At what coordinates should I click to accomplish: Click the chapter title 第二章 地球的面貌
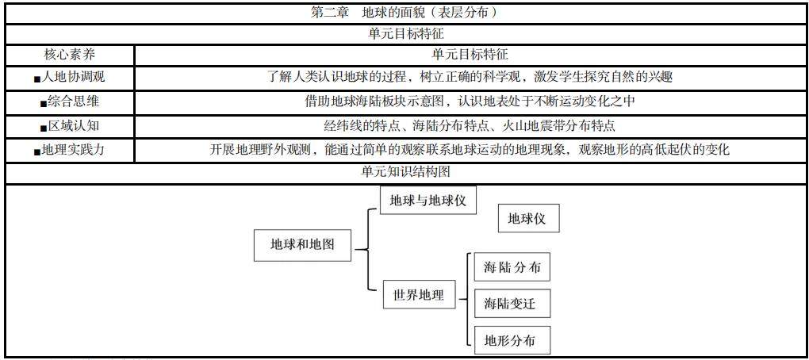pos(404,13)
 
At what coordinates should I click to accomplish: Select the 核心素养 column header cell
pos(70,55)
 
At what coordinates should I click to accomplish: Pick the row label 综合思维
pos(75,101)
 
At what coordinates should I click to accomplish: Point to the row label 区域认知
pos(75,125)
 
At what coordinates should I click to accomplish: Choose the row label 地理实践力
pos(73,149)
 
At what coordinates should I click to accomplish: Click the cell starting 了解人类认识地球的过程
pos(471,78)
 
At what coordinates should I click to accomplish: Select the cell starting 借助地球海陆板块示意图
pos(471,101)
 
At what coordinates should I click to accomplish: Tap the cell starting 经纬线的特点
pos(471,125)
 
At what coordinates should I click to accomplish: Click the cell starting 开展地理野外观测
pos(471,149)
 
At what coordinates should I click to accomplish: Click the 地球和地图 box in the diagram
pos(302,244)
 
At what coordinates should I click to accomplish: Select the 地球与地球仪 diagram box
pos(428,201)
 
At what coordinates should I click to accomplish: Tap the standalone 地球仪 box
pos(527,219)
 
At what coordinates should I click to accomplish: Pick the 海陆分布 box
pos(512,267)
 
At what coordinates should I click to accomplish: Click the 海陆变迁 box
pos(512,304)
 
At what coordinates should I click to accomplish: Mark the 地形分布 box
pos(512,341)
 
